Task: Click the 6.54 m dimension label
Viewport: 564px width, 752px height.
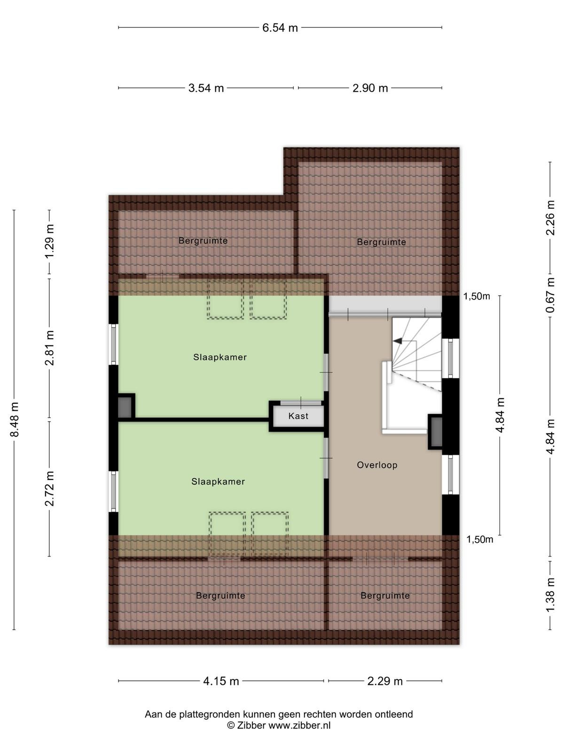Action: pyautogui.click(x=280, y=28)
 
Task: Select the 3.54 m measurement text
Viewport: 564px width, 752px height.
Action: pyautogui.click(x=206, y=88)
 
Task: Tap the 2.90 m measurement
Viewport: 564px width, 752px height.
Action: pyautogui.click(x=370, y=88)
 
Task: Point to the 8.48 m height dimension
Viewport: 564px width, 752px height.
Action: pyautogui.click(x=15, y=419)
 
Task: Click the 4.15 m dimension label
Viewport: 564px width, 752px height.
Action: pyautogui.click(x=221, y=681)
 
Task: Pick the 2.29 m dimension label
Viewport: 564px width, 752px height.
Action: pyautogui.click(x=385, y=681)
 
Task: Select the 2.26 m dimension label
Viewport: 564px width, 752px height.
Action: pyautogui.click(x=549, y=218)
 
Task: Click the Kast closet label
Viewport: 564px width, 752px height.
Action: pyautogui.click(x=298, y=416)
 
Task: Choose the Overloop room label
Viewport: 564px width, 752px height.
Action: pyautogui.click(x=377, y=465)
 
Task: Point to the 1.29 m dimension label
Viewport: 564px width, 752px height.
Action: pyautogui.click(x=50, y=242)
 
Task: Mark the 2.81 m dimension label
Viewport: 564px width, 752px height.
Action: pyautogui.click(x=50, y=348)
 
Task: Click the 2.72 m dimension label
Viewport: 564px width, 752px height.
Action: pyautogui.click(x=50, y=488)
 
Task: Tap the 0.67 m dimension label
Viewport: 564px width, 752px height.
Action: pyautogui.click(x=549, y=295)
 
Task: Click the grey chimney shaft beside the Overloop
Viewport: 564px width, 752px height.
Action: pyautogui.click(x=436, y=431)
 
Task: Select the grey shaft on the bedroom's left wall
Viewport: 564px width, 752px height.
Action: pyautogui.click(x=124, y=407)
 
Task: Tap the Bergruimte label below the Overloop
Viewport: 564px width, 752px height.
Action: pyautogui.click(x=385, y=595)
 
